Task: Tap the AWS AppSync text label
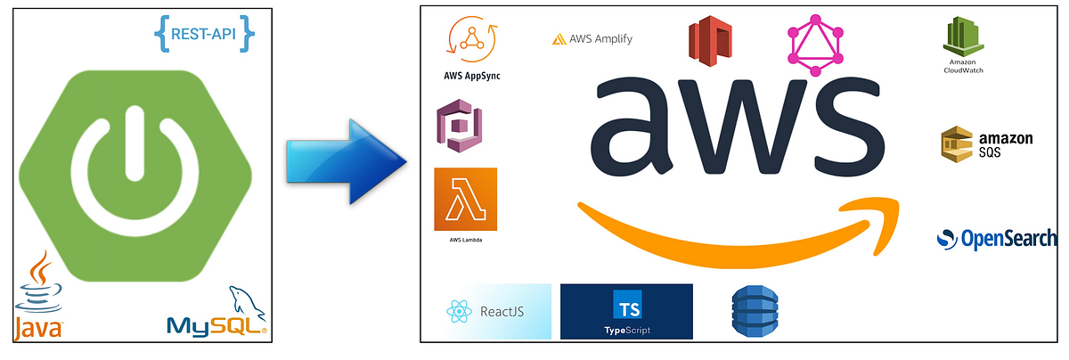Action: point(471,76)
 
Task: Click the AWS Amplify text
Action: point(592,39)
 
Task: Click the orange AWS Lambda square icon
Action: point(465,200)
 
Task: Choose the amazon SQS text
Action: point(1005,145)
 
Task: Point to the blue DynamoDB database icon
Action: point(749,312)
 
